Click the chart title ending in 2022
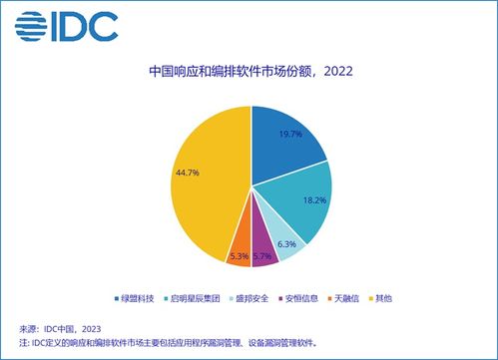click(x=249, y=72)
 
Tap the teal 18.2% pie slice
click(x=299, y=204)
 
